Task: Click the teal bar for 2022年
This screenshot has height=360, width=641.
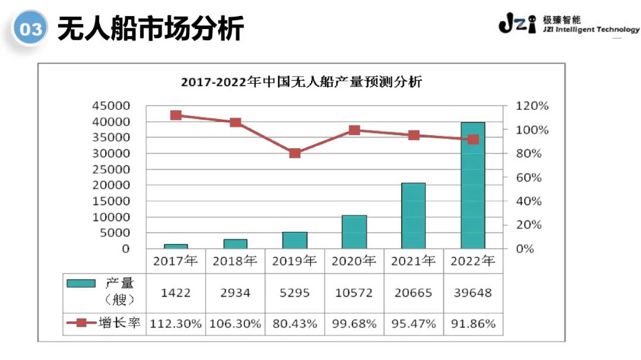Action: click(x=473, y=185)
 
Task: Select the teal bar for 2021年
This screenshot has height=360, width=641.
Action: click(x=413, y=216)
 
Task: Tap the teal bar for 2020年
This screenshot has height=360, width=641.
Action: click(x=354, y=232)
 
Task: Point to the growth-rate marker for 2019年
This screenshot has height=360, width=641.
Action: click(x=295, y=153)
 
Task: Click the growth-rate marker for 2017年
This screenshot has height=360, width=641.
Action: click(x=176, y=115)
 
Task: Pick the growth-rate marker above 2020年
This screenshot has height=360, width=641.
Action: click(x=354, y=130)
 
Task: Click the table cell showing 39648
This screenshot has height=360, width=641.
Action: click(x=473, y=292)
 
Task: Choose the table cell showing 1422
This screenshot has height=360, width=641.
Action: click(x=176, y=292)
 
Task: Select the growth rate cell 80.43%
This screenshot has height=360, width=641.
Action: click(x=295, y=324)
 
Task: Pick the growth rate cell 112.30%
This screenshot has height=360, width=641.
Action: click(x=176, y=324)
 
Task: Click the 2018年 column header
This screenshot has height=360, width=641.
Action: click(x=235, y=261)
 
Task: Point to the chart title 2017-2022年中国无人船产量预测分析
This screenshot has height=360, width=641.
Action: click(x=302, y=82)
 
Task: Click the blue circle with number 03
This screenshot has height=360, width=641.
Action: click(x=30, y=28)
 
